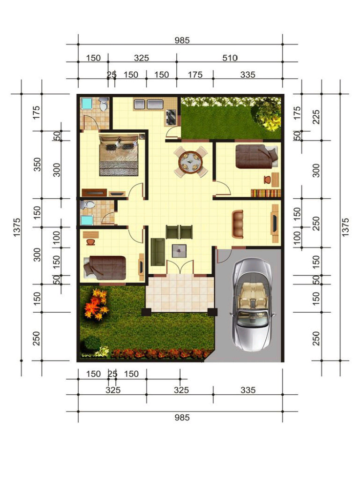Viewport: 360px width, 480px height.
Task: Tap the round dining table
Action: point(191,162)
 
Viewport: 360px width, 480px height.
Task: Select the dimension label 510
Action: point(230,58)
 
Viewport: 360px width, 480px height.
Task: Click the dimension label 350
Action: point(37,165)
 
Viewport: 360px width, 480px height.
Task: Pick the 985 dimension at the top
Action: point(182,40)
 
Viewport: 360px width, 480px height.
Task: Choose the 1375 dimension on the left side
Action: point(17,227)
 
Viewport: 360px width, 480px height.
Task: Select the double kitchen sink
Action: point(148,104)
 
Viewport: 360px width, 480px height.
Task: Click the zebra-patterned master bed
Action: point(119,155)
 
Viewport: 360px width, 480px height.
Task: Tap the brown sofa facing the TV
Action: point(238,224)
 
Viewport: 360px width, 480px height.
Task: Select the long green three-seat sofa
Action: point(157,252)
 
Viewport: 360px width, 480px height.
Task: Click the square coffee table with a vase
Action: point(179,251)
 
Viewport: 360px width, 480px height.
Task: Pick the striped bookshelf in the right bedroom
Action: point(265,193)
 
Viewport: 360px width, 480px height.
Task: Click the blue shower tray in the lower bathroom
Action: point(87,220)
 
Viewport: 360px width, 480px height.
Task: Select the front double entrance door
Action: point(180,267)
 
